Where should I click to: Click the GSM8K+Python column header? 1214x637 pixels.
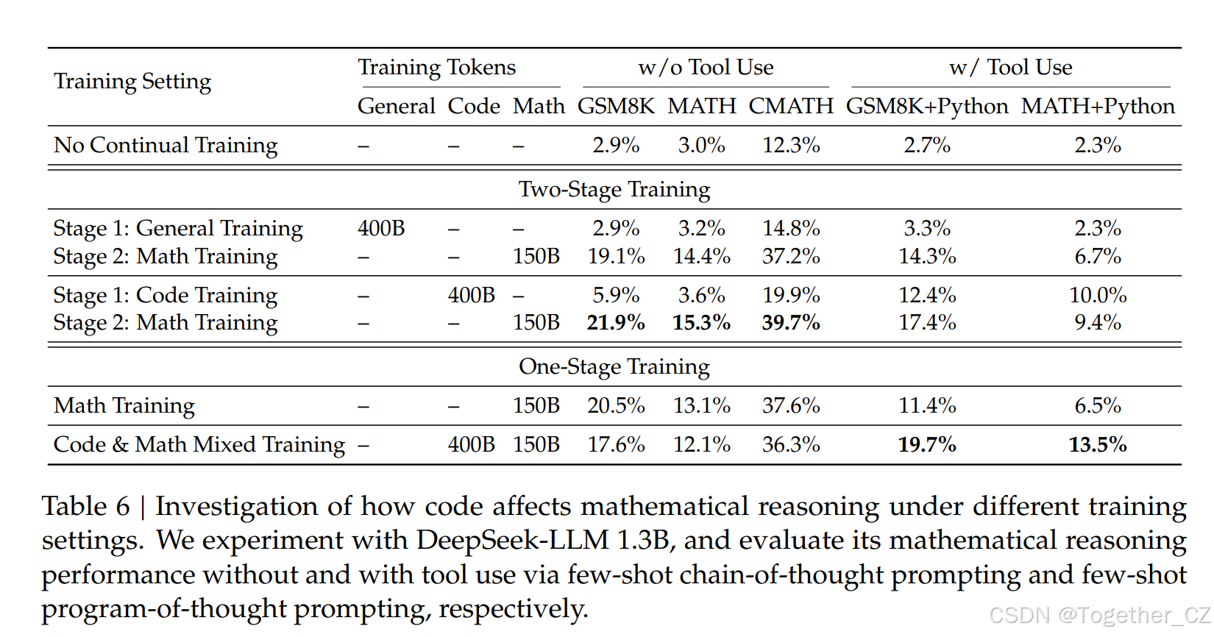(x=926, y=107)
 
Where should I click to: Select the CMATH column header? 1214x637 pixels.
(x=791, y=107)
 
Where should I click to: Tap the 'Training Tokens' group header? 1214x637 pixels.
(x=436, y=68)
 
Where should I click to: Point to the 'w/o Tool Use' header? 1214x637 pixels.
(x=706, y=68)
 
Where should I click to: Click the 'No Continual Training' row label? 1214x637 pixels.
(x=166, y=146)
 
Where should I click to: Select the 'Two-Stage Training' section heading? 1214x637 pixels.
(x=614, y=190)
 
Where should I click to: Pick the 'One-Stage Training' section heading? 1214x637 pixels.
(x=614, y=366)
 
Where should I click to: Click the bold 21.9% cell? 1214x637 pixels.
(x=616, y=323)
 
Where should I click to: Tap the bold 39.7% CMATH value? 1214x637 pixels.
(x=791, y=323)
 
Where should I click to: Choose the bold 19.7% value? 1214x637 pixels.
(x=927, y=445)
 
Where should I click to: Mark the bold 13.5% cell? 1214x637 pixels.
(x=1098, y=445)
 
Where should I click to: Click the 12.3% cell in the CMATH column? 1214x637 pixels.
(x=791, y=146)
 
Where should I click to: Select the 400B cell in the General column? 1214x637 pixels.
(x=381, y=229)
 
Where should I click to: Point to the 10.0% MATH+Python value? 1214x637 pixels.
(x=1098, y=296)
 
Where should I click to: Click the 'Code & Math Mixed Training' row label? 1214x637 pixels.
(x=199, y=445)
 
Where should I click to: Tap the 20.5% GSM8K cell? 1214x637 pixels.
(x=616, y=406)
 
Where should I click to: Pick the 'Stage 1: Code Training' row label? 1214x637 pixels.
(x=166, y=296)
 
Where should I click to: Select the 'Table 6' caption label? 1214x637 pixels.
(x=85, y=507)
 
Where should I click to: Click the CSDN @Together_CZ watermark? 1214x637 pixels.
(x=1099, y=615)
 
